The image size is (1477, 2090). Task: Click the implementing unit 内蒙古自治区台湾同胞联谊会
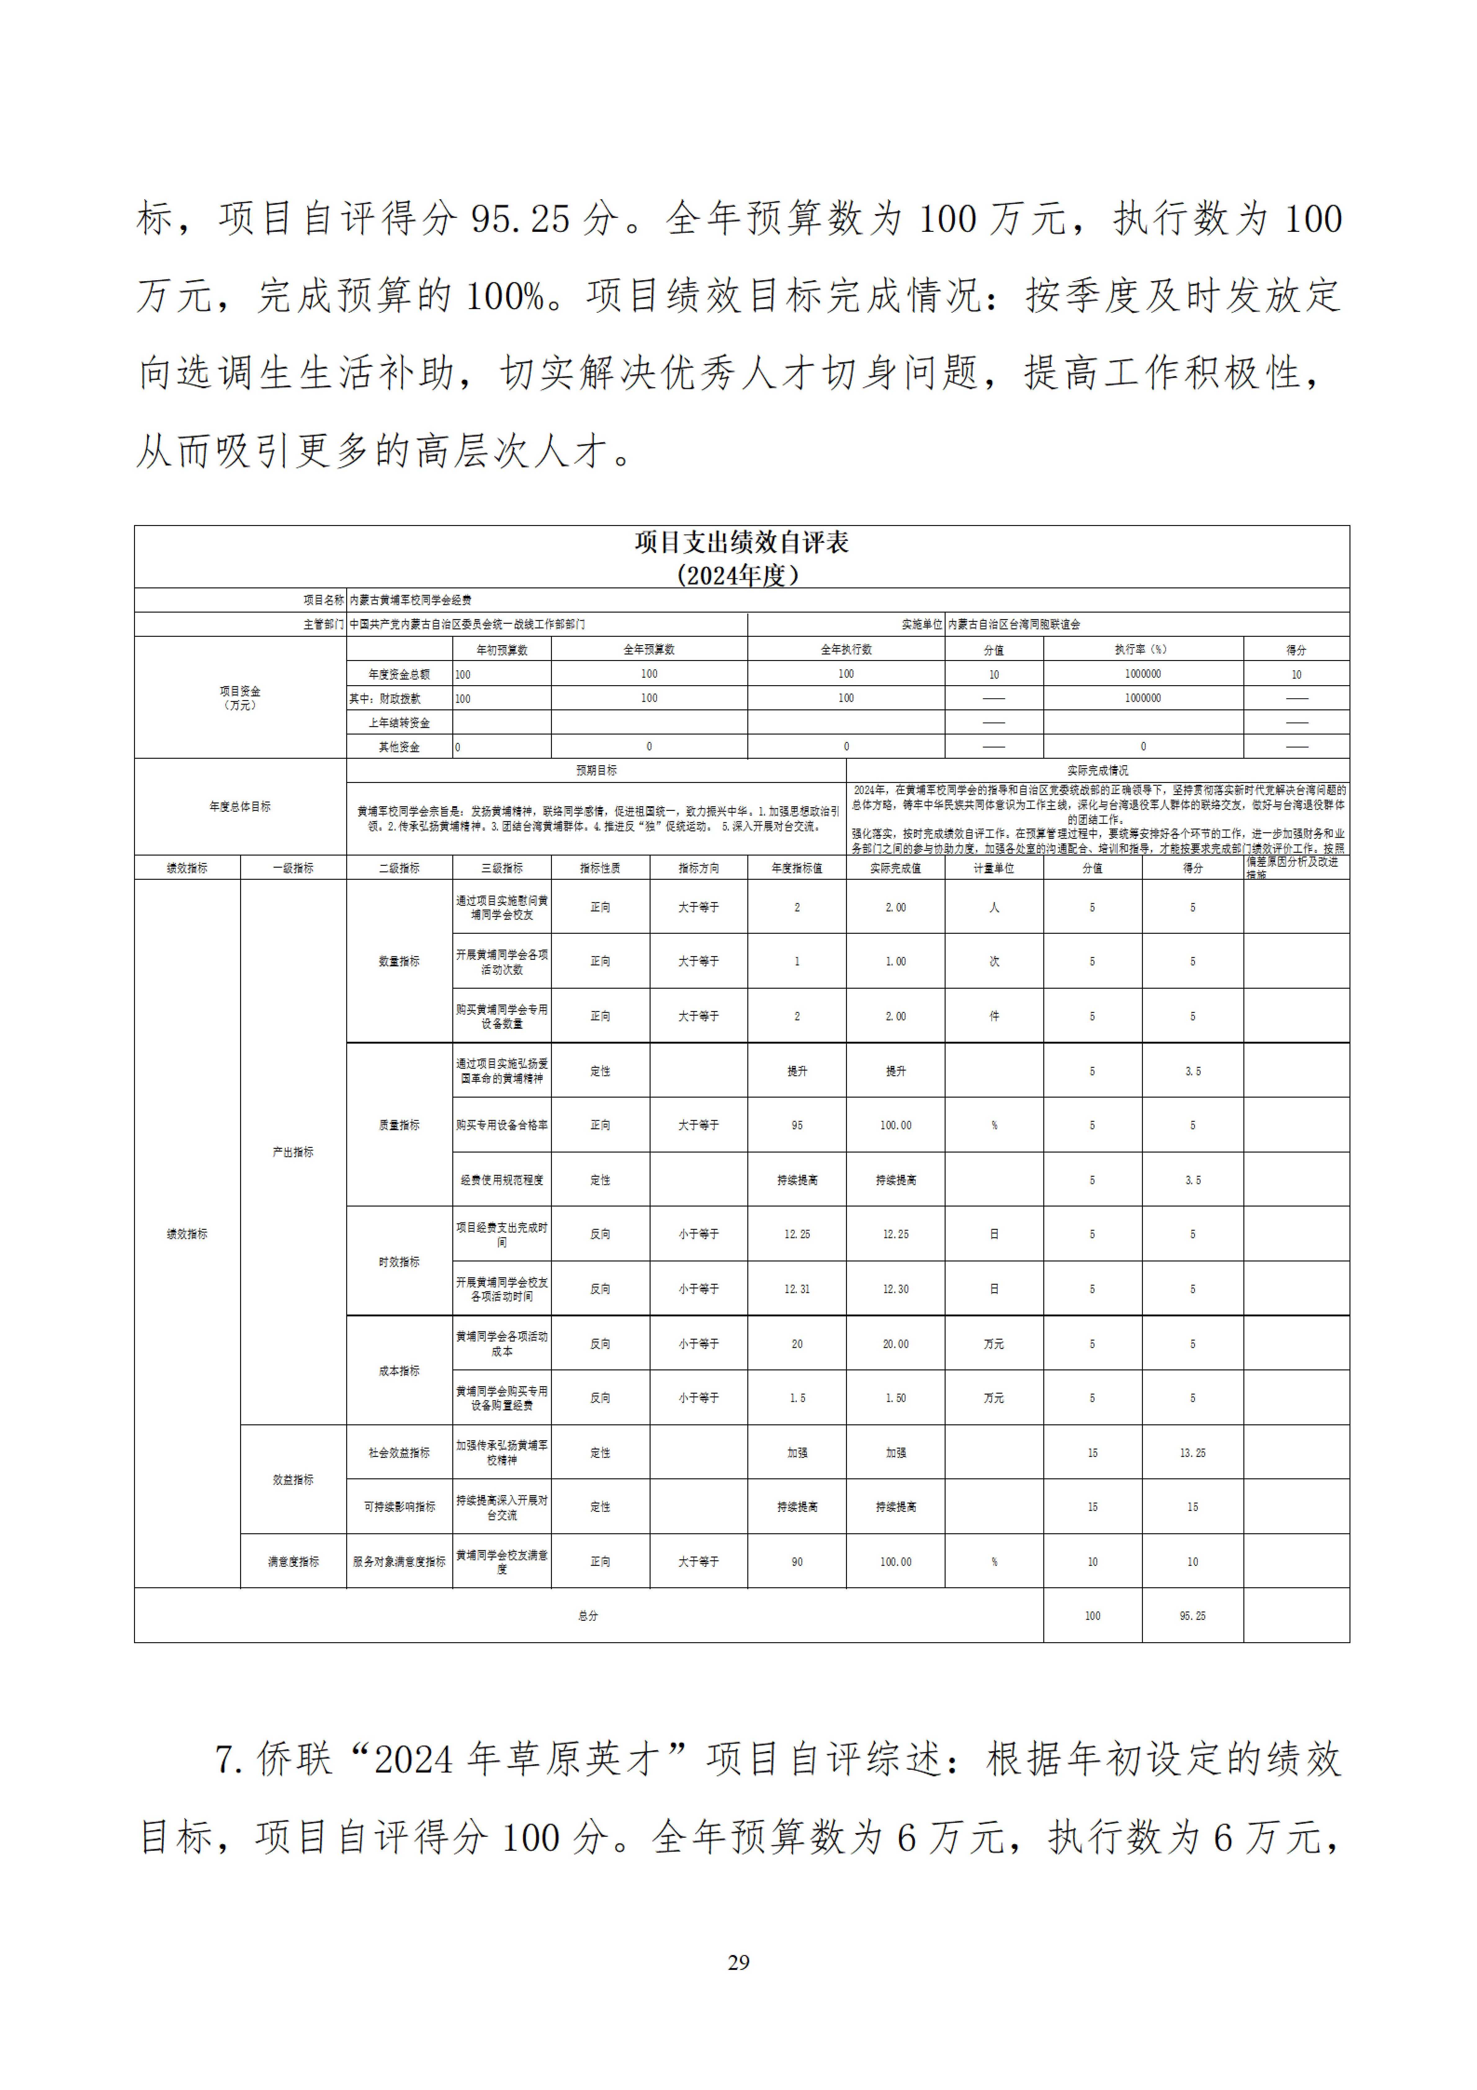[1014, 624]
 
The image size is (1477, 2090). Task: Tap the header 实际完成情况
[1098, 770]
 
